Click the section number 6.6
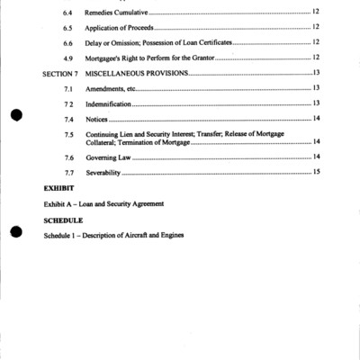point(68,42)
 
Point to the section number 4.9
point(68,57)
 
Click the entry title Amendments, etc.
point(110,88)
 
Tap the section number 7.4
point(68,119)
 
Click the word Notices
point(97,119)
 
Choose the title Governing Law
point(107,157)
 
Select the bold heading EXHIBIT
point(58,188)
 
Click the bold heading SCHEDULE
point(63,220)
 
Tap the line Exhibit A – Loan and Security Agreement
point(103,204)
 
